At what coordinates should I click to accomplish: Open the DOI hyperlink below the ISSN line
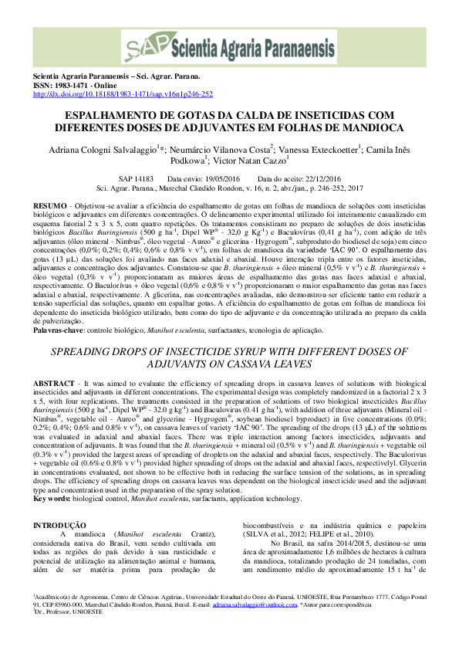click(122, 94)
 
